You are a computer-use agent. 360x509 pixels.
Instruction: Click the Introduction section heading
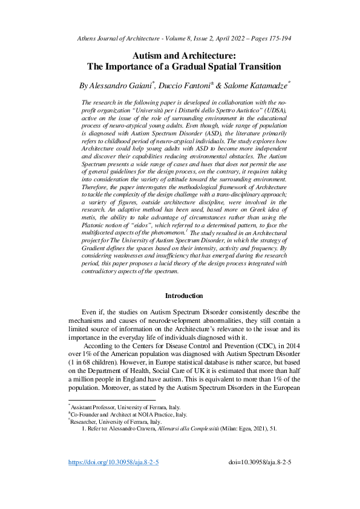point(185,296)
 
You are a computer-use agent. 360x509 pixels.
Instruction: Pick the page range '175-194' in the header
point(276,37)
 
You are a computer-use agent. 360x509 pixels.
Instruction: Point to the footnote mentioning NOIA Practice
point(128,415)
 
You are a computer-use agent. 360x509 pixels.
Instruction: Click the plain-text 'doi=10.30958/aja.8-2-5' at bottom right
point(261,479)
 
